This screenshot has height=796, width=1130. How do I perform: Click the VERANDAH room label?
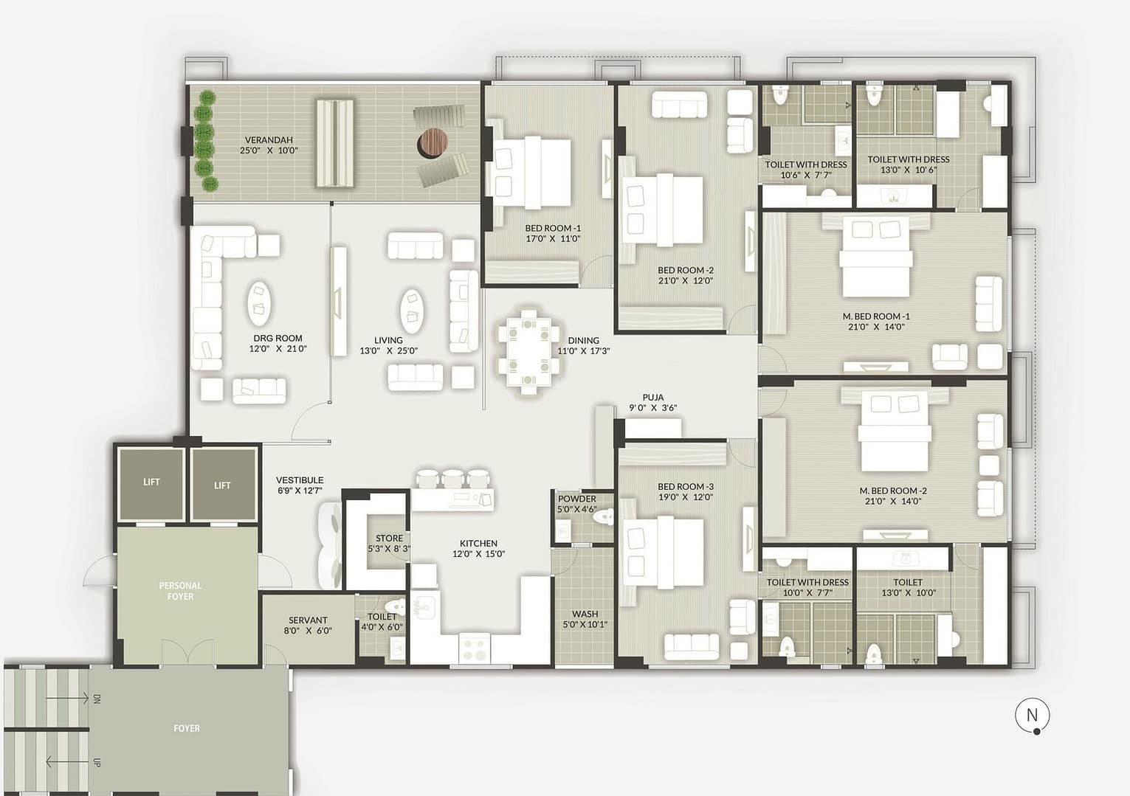269,139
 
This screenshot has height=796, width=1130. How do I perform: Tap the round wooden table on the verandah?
433,142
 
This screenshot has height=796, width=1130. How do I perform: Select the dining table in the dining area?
528,351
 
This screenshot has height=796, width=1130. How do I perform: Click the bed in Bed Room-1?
531,173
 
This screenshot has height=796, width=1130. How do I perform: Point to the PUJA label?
652,397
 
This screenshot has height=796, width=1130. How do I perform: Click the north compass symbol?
1032,716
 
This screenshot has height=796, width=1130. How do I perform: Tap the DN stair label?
97,699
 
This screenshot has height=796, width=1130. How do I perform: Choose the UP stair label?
97,762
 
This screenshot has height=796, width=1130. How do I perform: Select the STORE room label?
389,538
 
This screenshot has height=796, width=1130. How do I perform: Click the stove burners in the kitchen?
475,648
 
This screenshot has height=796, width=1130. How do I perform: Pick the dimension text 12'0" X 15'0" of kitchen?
478,553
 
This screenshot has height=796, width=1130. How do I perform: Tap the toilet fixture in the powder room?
603,516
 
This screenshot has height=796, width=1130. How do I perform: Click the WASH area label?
585,614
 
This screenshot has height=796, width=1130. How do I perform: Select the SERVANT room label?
308,620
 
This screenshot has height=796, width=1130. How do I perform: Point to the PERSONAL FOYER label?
181,591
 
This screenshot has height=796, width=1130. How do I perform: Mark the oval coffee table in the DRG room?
258,303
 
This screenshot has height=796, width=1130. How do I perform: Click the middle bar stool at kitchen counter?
452,478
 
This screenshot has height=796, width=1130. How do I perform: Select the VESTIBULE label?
300,480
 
